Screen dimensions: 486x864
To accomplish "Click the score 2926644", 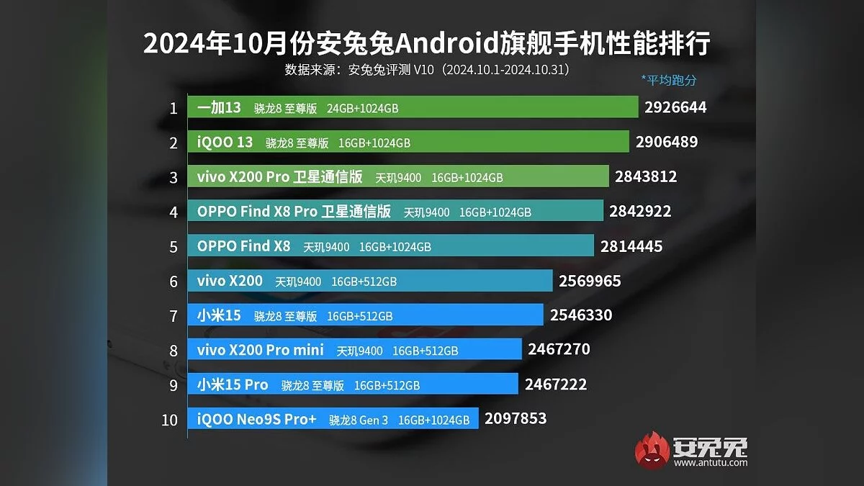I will [675, 108].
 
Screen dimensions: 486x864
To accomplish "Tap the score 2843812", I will [646, 176].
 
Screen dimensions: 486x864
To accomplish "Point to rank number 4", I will [174, 212].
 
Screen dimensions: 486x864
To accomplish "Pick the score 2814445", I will [631, 246].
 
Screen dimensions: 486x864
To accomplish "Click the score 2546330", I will [580, 315].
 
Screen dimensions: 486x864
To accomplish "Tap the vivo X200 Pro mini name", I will [260, 350].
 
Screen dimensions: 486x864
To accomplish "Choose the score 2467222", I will [555, 384].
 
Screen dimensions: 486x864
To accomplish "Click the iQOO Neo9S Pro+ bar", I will [332, 419].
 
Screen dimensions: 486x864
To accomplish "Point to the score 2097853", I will [516, 418].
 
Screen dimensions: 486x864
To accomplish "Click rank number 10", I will [169, 420].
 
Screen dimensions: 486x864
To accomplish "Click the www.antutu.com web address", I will [710, 462].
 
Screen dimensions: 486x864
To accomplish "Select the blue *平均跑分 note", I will [668, 81].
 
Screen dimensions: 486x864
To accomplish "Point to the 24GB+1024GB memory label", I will [362, 109].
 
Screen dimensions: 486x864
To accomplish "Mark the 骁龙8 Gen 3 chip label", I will [359, 420].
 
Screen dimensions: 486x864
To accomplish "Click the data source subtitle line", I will [427, 71].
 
